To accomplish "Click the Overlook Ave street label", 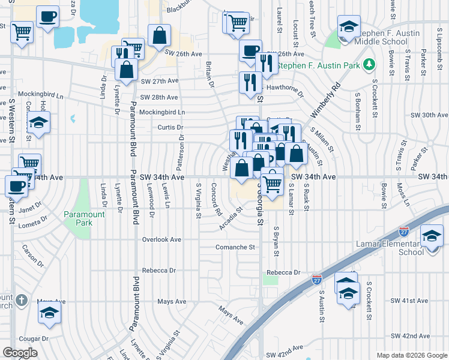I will coord(161,239).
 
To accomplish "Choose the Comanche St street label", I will coord(235,247).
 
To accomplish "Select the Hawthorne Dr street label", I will coord(285,88).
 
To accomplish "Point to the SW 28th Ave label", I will coord(159,97).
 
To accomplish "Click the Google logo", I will coord(20,353).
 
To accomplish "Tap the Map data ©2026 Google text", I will coord(412,355).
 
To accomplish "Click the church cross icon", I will coord(21,300).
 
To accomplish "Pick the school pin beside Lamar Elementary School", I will coord(432,236).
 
